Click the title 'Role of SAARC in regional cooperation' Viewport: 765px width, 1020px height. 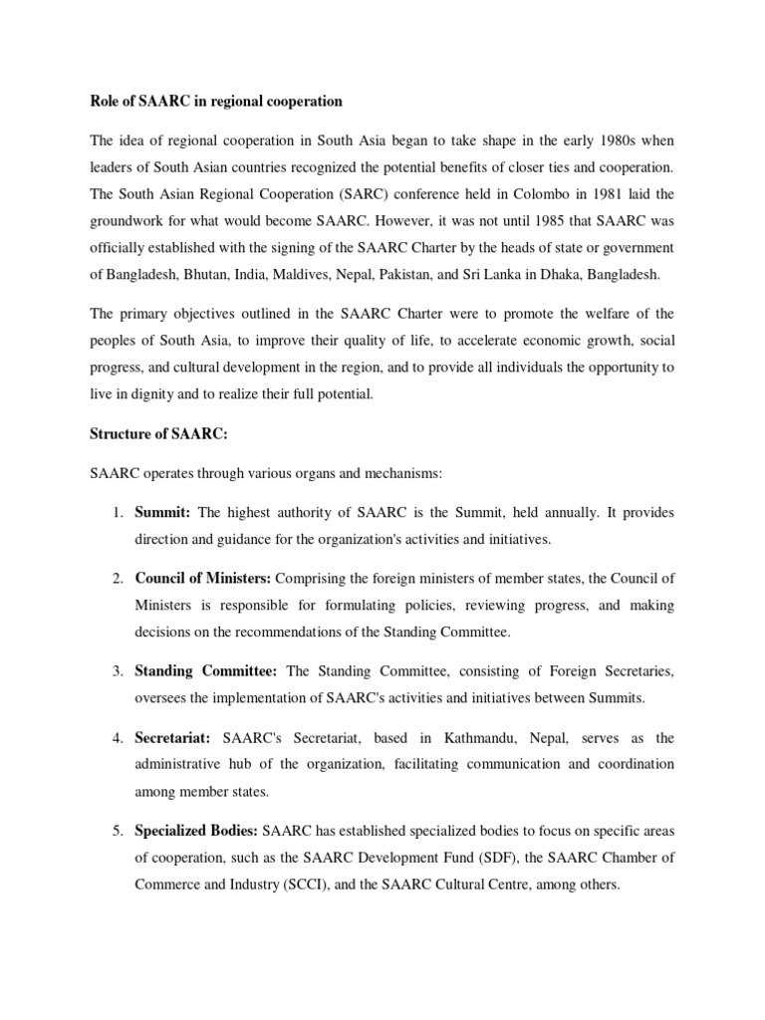pos(216,102)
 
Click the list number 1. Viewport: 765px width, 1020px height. pos(117,513)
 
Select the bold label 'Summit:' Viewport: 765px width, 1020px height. pos(164,513)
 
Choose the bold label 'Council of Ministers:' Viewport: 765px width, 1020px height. pos(203,578)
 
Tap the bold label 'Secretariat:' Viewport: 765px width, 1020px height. pos(173,738)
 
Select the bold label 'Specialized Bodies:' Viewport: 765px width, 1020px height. pos(196,830)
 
